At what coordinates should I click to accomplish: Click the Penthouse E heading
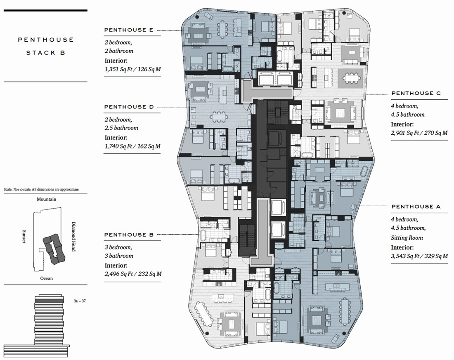(128, 30)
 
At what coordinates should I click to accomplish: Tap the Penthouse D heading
(129, 107)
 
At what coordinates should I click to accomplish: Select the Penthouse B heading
(129, 235)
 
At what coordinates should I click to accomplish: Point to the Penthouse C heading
(416, 93)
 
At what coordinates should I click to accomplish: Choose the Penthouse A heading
(416, 207)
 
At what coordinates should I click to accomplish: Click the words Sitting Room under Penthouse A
(407, 238)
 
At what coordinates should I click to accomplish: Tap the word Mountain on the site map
(47, 200)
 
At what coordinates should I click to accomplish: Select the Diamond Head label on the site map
(73, 237)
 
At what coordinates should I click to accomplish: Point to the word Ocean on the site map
(47, 278)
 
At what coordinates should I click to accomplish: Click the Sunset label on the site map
(24, 237)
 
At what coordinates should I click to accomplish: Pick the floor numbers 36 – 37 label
(80, 301)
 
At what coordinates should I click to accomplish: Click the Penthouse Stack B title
(46, 46)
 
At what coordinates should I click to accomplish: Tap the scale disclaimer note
(41, 190)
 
